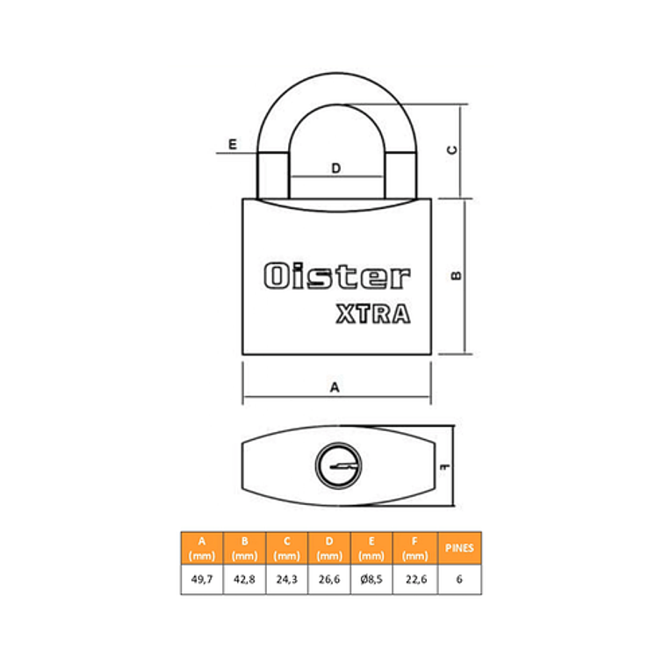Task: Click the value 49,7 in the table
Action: pyautogui.click(x=202, y=579)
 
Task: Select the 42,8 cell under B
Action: pyautogui.click(x=244, y=579)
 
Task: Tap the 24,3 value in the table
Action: pyautogui.click(x=286, y=579)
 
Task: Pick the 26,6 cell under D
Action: pyautogui.click(x=329, y=579)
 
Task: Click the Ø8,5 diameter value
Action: pyautogui.click(x=371, y=579)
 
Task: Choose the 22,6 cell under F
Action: pyautogui.click(x=415, y=579)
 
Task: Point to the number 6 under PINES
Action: pyautogui.click(x=459, y=579)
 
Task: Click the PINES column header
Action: pyautogui.click(x=459, y=548)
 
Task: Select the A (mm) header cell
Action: pyautogui.click(x=202, y=549)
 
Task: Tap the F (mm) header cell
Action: pyautogui.click(x=414, y=549)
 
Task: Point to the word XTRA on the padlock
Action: pyautogui.click(x=373, y=313)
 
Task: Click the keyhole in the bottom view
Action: pyautogui.click(x=338, y=465)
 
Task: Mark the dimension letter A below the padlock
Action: pyautogui.click(x=335, y=387)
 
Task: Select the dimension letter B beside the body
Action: pyautogui.click(x=457, y=276)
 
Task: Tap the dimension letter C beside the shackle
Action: pyautogui.click(x=452, y=150)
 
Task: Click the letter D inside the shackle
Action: pyautogui.click(x=335, y=169)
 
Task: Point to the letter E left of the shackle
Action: pyautogui.click(x=233, y=144)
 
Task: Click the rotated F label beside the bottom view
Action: pyautogui.click(x=445, y=467)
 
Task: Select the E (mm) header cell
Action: pyautogui.click(x=371, y=549)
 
